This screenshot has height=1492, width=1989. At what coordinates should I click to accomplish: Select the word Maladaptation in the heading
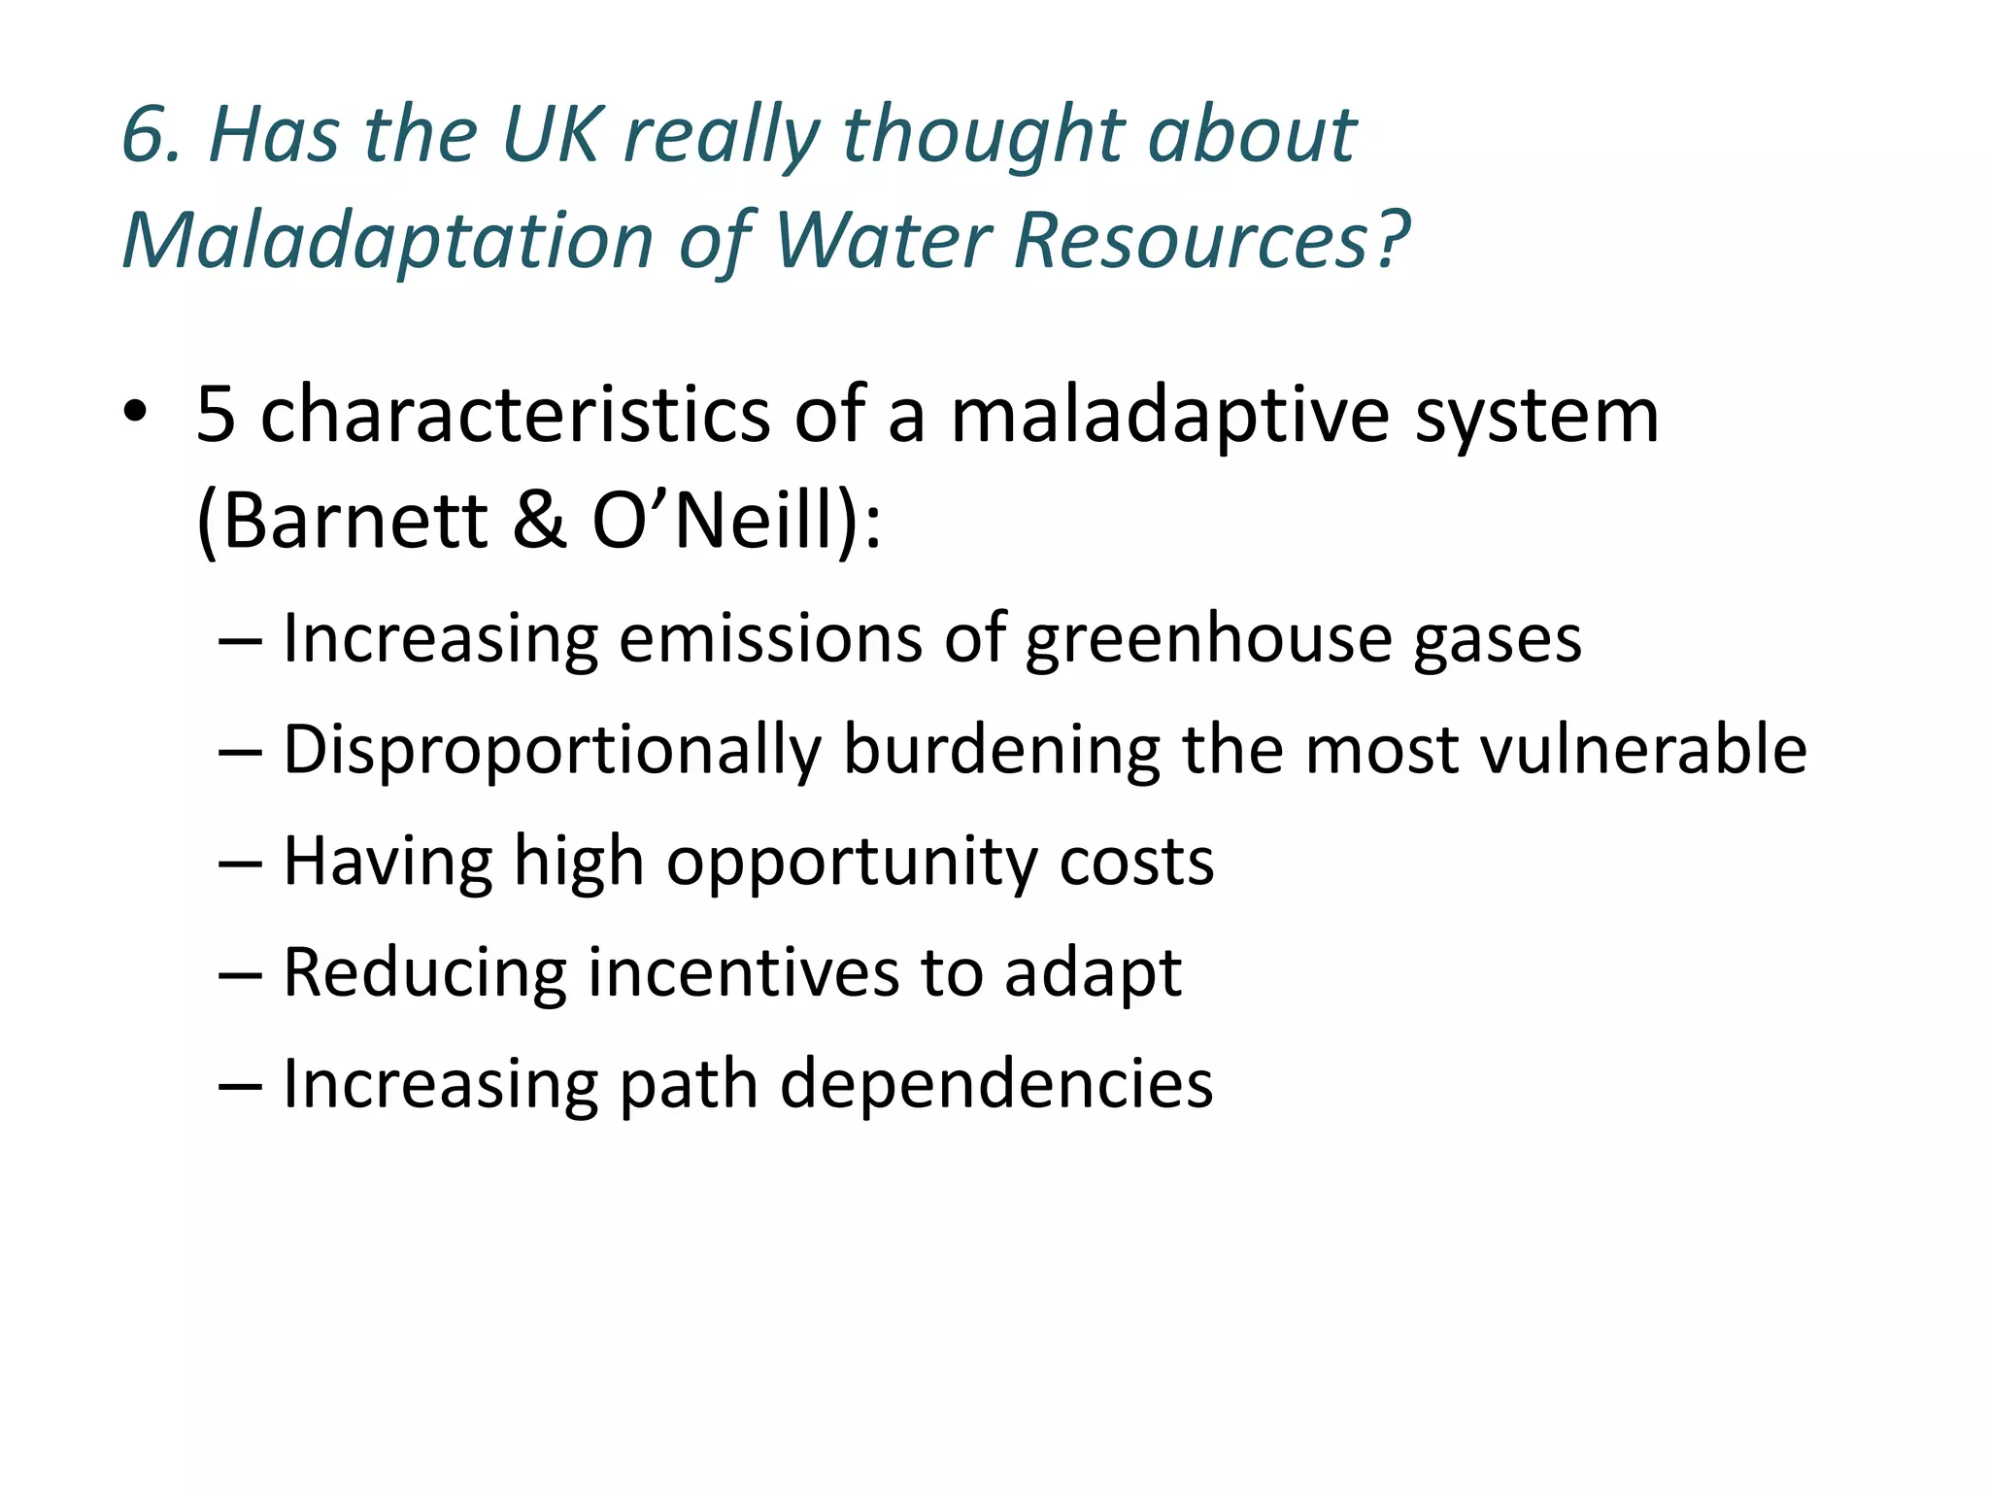coord(388,240)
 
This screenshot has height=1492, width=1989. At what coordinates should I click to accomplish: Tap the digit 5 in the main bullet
coord(216,415)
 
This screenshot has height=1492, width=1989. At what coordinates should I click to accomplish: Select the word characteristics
coord(515,415)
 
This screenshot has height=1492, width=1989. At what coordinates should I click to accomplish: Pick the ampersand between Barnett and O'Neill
coord(539,521)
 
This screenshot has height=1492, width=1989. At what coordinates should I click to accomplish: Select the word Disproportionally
coord(552,752)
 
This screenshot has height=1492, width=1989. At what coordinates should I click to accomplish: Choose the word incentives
coord(744,973)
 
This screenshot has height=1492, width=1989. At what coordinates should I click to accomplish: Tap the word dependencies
coord(996,1084)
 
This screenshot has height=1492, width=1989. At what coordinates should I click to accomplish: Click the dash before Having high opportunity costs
coord(240,863)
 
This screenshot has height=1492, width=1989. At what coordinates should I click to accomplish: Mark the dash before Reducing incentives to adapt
coord(240,974)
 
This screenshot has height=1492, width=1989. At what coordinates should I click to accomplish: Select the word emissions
coord(770,639)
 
